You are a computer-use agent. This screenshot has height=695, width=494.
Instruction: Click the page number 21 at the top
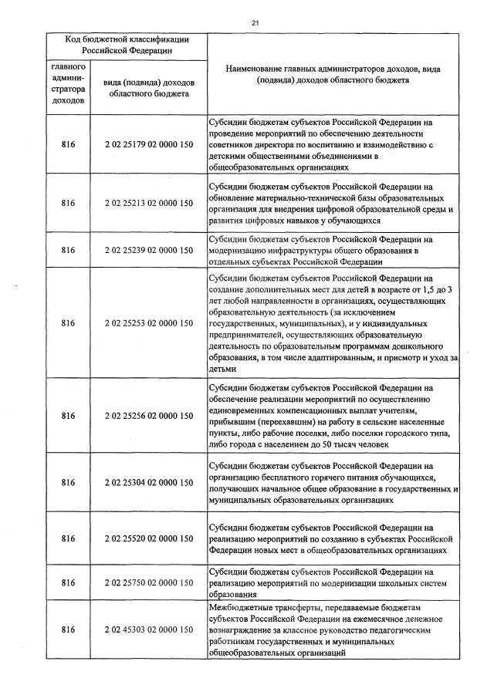[x=254, y=22]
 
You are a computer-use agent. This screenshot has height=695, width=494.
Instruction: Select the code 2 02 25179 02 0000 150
[x=148, y=143]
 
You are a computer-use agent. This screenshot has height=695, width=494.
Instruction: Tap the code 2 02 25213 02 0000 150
[x=148, y=203]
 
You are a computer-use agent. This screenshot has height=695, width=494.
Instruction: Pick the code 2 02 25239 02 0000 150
[x=148, y=250]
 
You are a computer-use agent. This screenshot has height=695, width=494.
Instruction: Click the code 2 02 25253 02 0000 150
[x=148, y=322]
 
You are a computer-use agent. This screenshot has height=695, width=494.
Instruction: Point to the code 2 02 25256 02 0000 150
[x=148, y=416]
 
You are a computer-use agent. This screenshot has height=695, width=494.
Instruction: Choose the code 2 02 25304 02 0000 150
[x=148, y=482]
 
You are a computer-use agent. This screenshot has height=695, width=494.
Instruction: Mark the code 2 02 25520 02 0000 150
[x=148, y=538]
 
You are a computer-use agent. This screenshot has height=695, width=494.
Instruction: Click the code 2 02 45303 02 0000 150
[x=148, y=629]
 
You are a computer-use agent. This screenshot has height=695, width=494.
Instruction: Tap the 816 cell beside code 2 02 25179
[x=68, y=143]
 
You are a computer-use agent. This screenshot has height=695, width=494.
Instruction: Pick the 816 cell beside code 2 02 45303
[x=68, y=629]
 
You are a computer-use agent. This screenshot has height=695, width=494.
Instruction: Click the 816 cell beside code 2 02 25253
[x=68, y=322]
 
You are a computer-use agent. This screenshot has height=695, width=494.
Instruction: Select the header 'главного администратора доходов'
[x=68, y=83]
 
